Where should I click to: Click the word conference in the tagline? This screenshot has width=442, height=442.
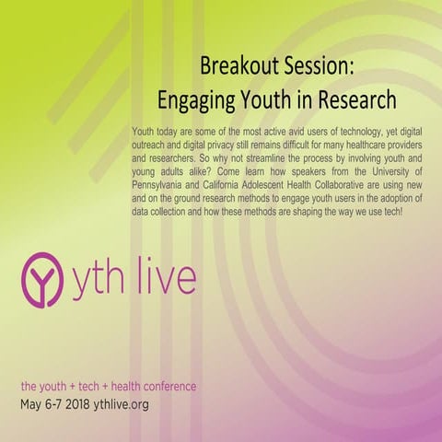(165, 384)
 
